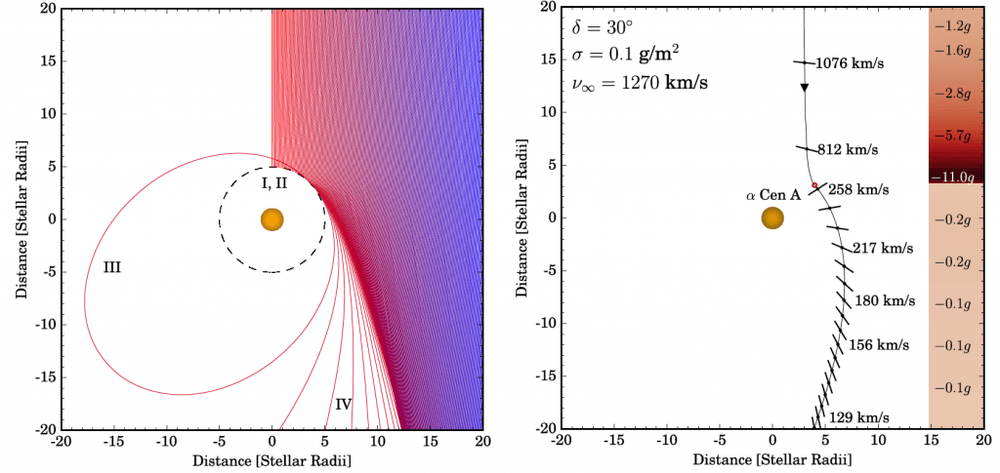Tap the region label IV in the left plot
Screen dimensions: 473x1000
343,403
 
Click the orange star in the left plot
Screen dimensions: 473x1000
272,219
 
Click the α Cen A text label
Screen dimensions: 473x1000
773,195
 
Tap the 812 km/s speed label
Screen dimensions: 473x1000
848,150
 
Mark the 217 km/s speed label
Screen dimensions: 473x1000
884,249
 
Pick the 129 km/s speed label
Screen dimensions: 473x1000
859,417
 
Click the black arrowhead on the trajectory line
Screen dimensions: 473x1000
805,87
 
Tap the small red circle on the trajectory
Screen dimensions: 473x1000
814,185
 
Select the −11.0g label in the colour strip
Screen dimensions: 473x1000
952,177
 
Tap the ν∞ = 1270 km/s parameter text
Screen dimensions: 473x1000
641,84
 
